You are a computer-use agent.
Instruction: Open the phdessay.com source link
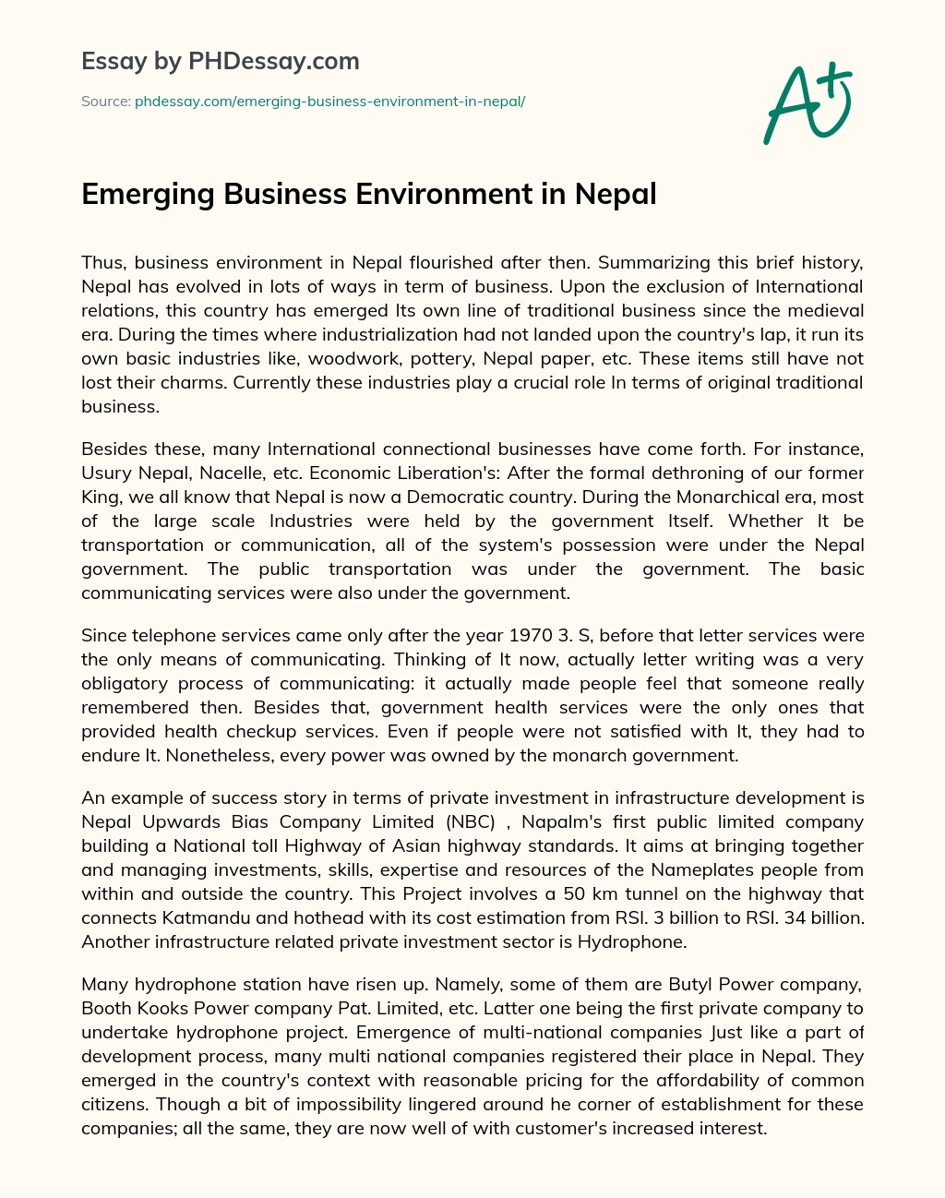point(329,102)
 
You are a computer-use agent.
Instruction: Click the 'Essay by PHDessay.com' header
point(220,62)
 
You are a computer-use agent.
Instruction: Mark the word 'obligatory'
point(129,683)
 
